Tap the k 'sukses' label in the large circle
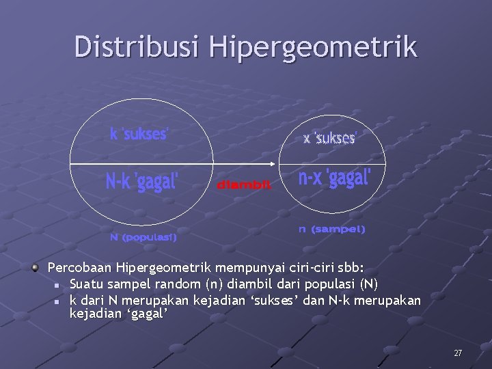click(139, 134)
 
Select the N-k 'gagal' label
click(143, 182)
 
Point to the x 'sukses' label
click(330, 139)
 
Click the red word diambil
click(244, 184)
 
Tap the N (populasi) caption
click(143, 238)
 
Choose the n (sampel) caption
click(331, 230)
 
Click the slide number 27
click(458, 353)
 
